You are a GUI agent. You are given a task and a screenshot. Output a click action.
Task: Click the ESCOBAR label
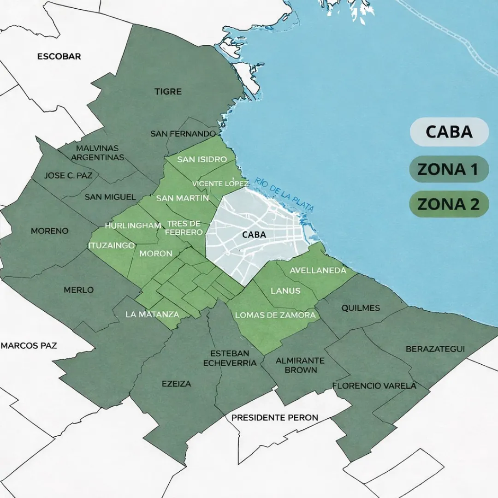coord(59,57)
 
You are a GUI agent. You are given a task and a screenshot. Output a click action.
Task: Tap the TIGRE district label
coord(168,92)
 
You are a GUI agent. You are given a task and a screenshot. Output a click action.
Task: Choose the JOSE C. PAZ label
coord(68,176)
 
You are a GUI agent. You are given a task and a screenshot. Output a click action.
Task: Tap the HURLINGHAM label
coord(133,225)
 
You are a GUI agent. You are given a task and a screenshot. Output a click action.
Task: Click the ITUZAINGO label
coord(111,245)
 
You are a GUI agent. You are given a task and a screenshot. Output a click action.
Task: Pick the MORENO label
coord(49,231)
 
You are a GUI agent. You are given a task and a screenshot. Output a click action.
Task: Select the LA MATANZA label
coord(152,314)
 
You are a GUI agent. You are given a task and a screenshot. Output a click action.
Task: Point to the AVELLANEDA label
coord(318,271)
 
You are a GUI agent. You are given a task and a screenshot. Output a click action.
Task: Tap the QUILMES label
coord(361,308)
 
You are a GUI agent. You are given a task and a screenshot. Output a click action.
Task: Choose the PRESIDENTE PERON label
coord(275,418)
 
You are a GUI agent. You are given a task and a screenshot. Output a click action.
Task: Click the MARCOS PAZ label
coord(29,345)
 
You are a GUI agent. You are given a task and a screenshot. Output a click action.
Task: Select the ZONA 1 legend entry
coord(449,169)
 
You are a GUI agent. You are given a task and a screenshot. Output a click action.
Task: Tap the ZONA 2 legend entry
coord(449,204)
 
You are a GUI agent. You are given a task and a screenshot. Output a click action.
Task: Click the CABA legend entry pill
coord(449,132)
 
